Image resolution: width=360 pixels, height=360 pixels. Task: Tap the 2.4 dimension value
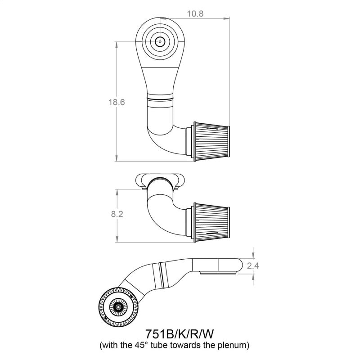tap(253, 265)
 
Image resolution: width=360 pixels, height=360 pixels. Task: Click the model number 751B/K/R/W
tap(180, 334)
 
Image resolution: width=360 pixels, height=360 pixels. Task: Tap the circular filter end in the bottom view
tap(118, 307)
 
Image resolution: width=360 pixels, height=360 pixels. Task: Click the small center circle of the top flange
tap(160, 41)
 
